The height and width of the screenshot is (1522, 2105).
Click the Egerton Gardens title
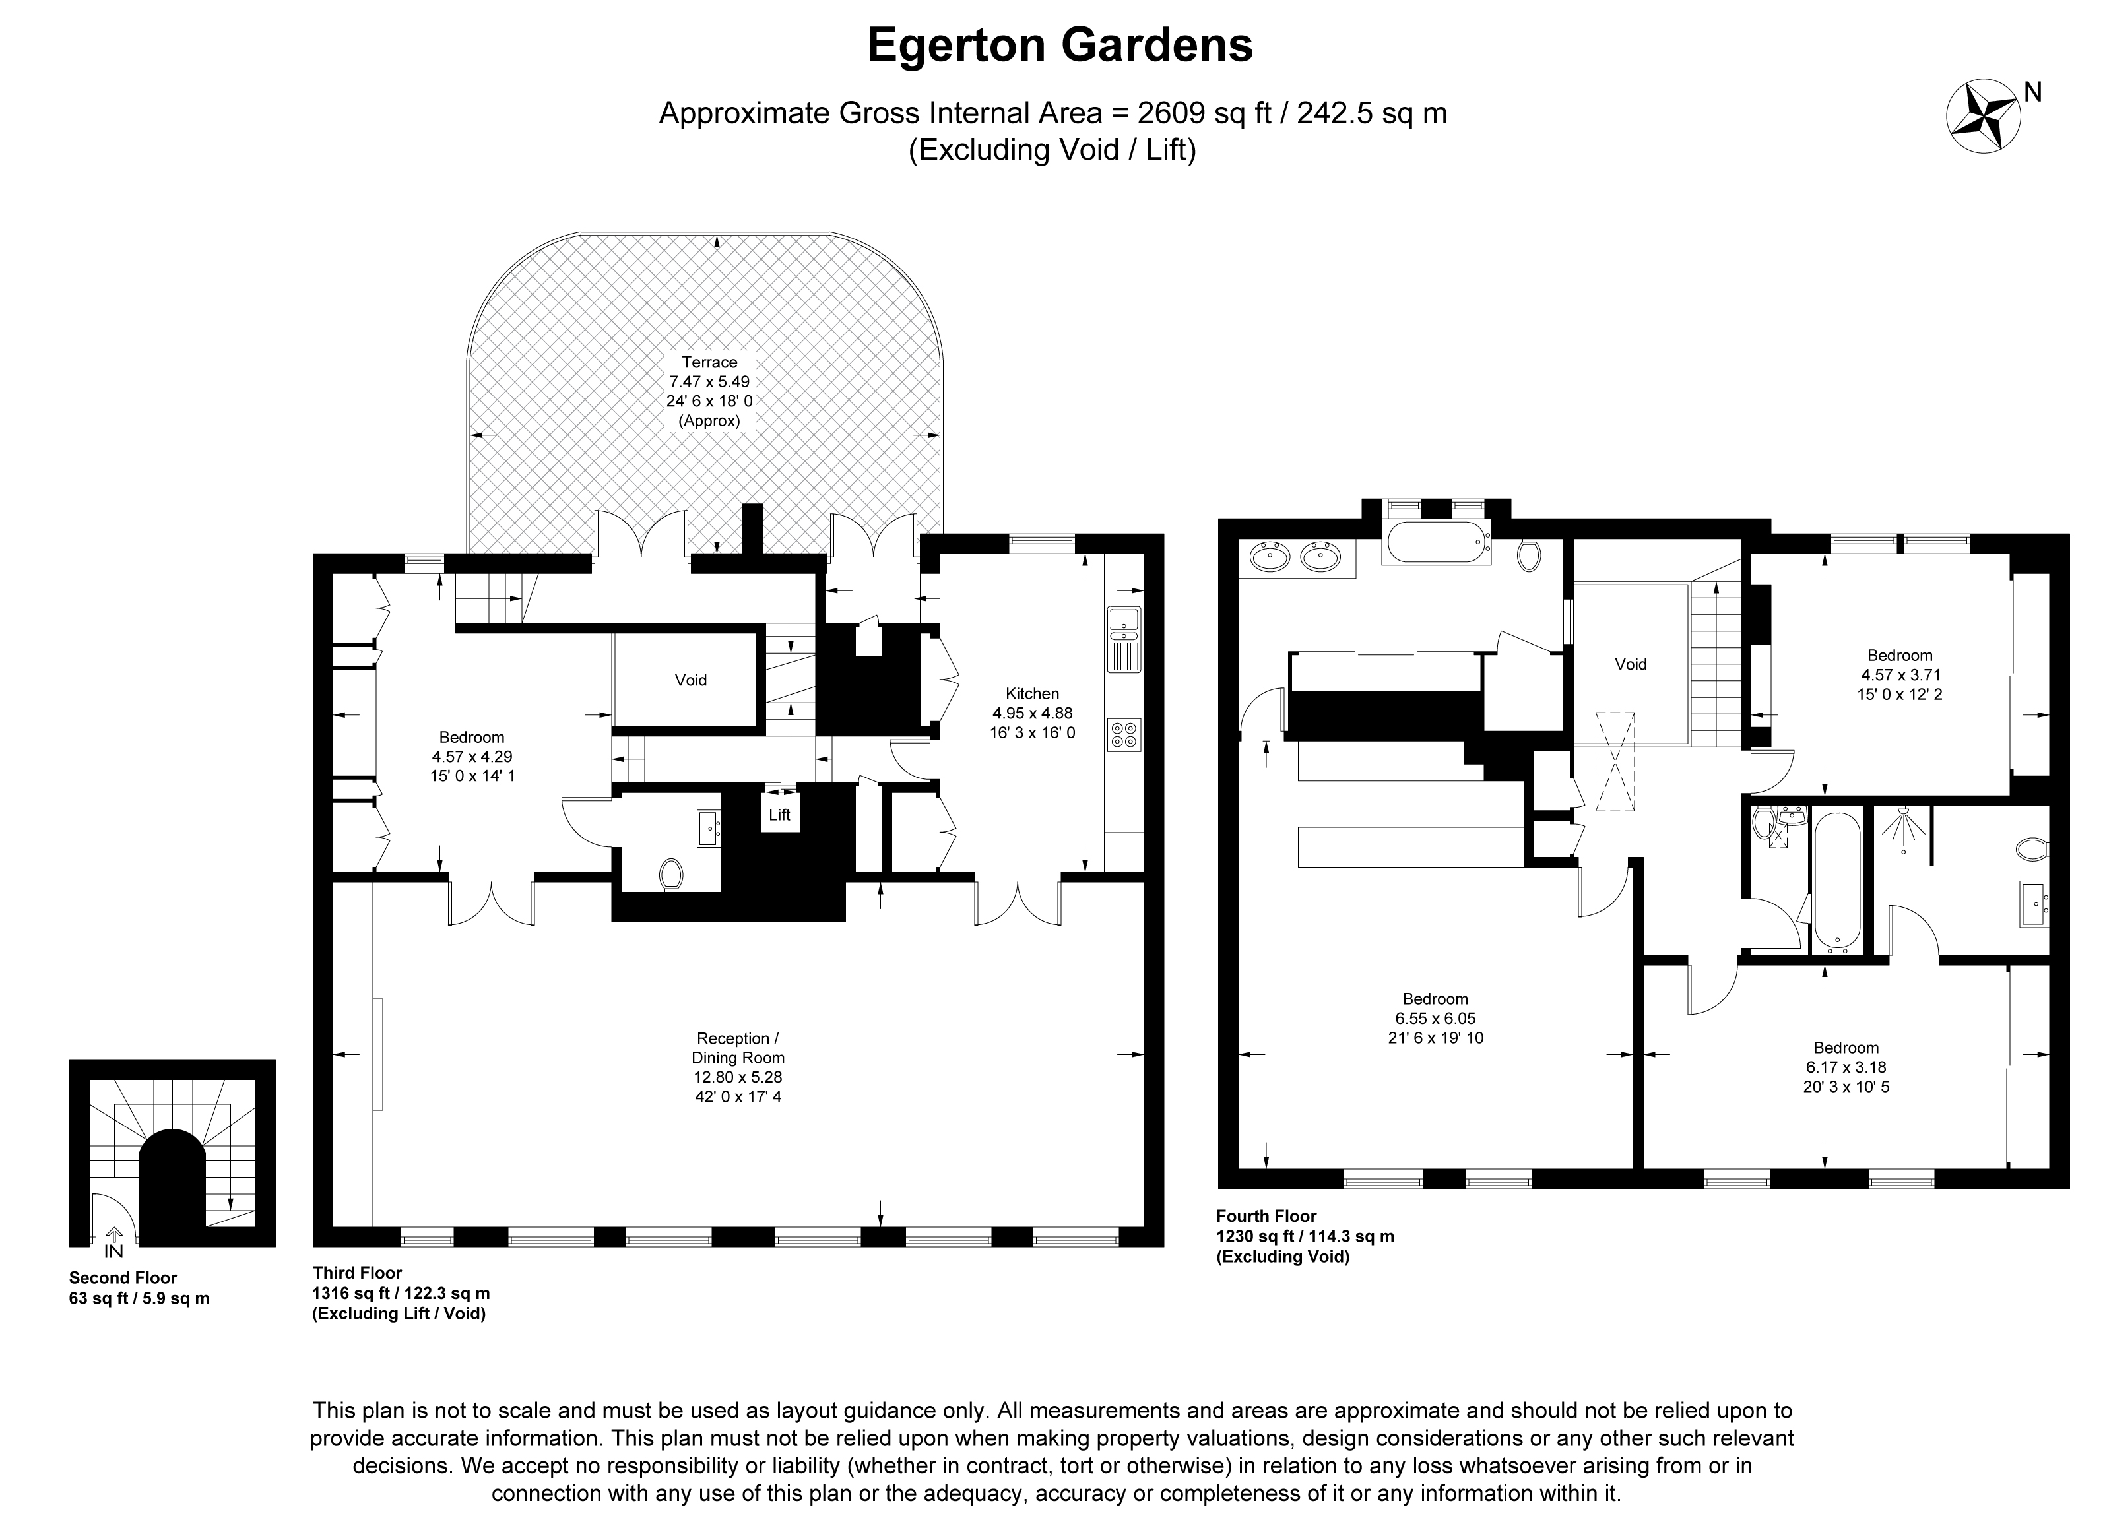coord(1060,46)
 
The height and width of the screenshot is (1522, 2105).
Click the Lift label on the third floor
coord(779,815)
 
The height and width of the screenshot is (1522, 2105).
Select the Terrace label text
coord(710,362)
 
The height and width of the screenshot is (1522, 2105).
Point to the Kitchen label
coord(1032,693)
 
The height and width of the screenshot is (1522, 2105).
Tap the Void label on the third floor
coord(690,680)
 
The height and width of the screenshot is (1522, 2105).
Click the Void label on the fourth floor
coord(1631,664)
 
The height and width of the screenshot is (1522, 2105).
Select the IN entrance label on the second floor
coord(113,1250)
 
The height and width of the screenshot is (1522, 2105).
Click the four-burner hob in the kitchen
coord(1124,734)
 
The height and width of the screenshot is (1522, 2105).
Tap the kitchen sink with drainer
coord(1124,639)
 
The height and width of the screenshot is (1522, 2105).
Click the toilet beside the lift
coord(671,874)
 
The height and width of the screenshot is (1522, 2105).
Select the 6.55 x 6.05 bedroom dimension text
coord(1435,1018)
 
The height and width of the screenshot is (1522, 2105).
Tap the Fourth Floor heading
coord(1266,1216)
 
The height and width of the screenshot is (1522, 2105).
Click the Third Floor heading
coord(358,1273)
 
